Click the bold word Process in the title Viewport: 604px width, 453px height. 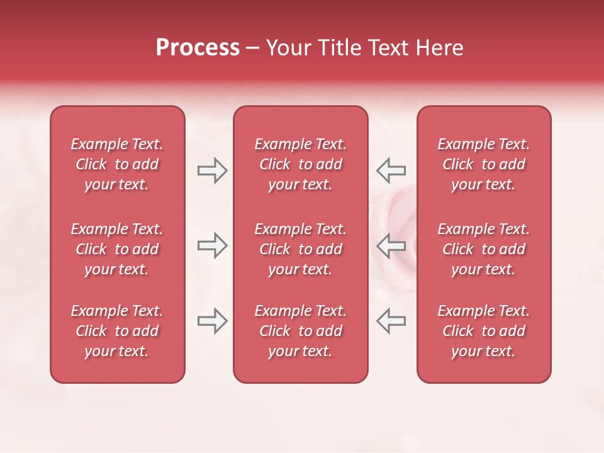click(198, 48)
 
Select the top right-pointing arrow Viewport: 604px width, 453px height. click(213, 171)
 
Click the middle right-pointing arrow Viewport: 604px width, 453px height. click(213, 245)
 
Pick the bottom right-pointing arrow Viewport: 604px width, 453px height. click(213, 321)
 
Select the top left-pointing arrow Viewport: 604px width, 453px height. click(391, 171)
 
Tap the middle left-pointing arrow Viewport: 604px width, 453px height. click(391, 245)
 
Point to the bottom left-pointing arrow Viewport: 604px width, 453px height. click(391, 321)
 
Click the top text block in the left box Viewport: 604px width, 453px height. click(117, 164)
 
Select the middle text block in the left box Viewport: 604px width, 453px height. click(117, 249)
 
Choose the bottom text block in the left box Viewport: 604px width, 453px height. click(117, 331)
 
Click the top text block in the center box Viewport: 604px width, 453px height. click(300, 164)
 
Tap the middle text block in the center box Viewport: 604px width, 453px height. click(300, 249)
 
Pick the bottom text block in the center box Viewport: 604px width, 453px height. click(300, 331)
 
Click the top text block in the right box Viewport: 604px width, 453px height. click(483, 164)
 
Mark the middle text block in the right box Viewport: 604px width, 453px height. click(483, 249)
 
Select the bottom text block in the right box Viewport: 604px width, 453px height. click(483, 331)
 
